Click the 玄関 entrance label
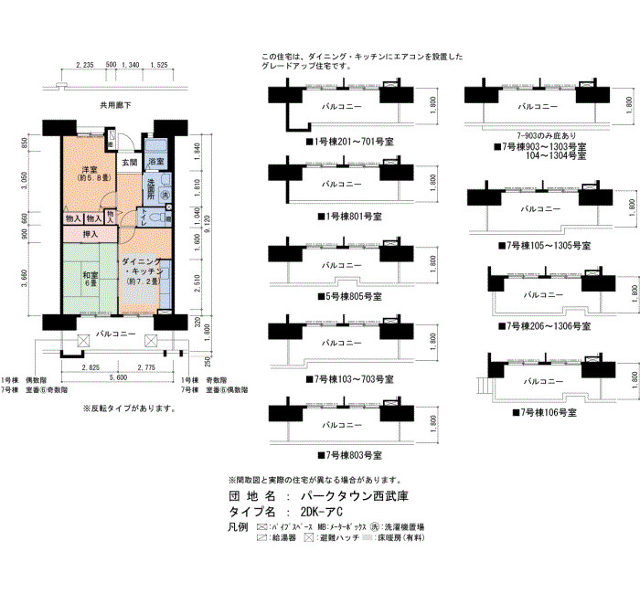click(x=130, y=163)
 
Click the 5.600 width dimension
click(x=117, y=377)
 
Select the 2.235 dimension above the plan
click(x=84, y=66)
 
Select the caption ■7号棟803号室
click(x=349, y=454)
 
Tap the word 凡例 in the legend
click(x=237, y=529)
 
